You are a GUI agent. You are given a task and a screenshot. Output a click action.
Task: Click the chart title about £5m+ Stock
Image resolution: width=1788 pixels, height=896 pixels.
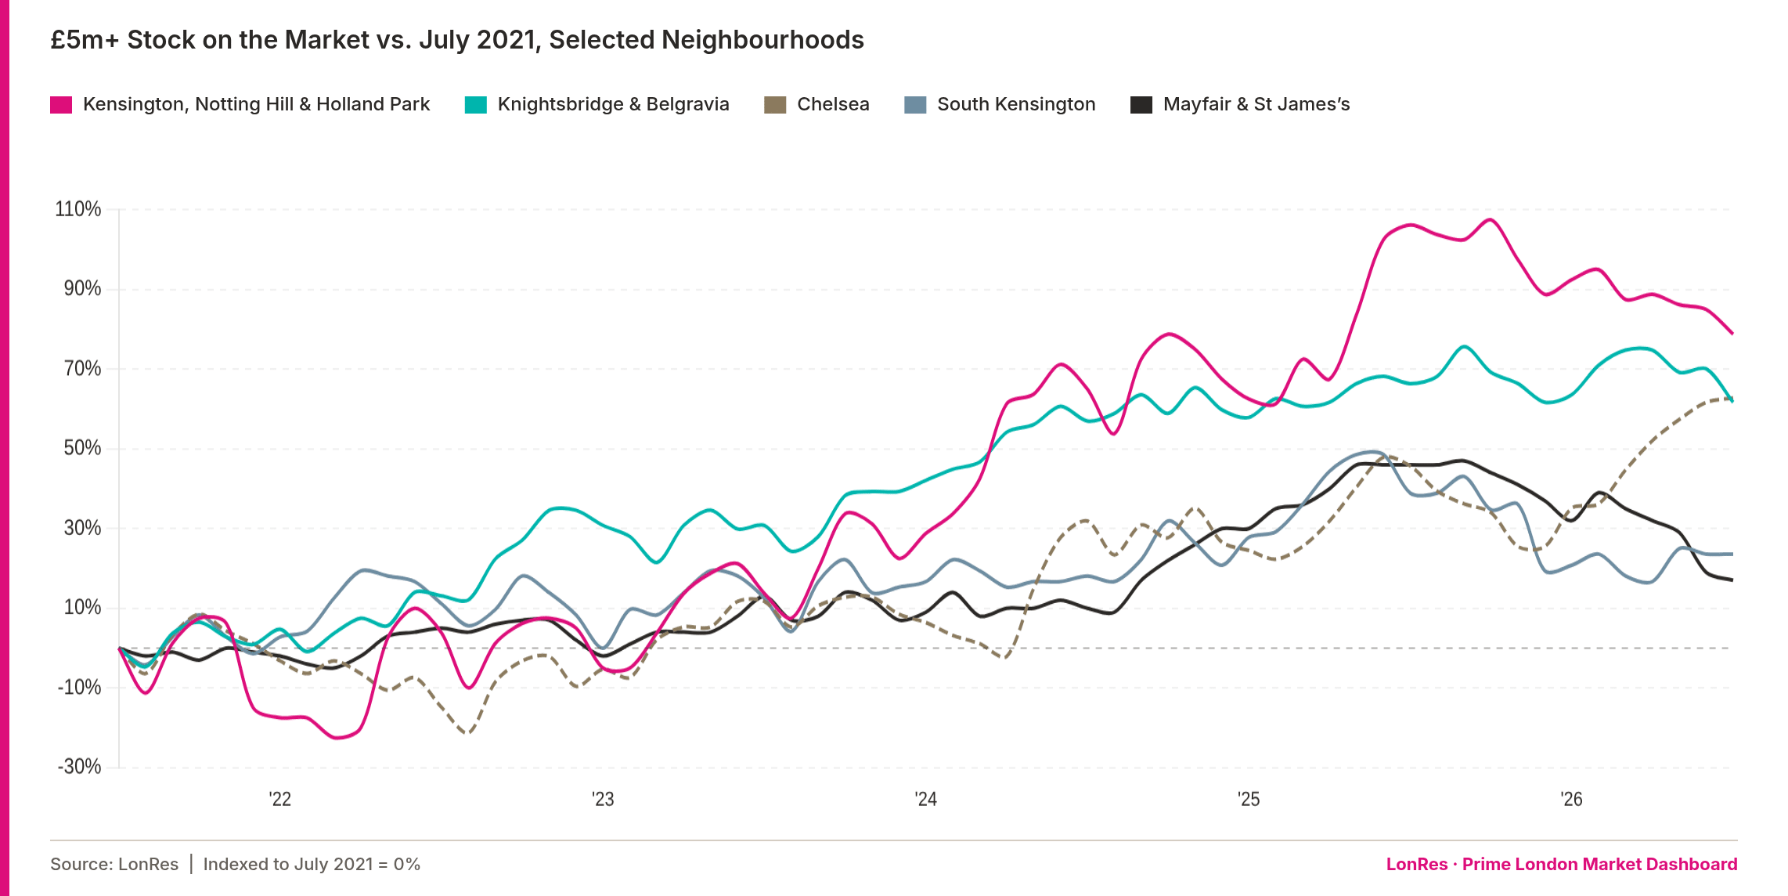457,39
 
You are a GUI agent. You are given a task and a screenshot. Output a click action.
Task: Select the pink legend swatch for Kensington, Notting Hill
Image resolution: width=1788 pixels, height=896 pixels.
61,105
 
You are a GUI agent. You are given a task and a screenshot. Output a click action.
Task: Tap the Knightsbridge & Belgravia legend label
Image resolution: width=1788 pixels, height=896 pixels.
613,104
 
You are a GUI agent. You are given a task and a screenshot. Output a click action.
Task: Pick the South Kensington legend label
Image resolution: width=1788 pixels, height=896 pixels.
1016,104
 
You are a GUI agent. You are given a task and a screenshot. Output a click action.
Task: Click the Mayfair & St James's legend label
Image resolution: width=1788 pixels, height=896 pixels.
1256,104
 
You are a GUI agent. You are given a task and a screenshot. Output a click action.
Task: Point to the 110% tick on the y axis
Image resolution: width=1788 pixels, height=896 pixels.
78,209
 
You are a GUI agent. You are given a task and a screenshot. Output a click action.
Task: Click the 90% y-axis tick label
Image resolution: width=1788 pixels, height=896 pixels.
83,288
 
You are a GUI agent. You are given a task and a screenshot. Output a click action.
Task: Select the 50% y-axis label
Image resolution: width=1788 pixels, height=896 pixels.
83,448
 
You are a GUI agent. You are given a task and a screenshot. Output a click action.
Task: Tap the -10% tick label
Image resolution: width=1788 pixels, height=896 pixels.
80,687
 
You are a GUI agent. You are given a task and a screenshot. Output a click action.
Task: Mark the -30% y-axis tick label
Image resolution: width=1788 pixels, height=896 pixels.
80,766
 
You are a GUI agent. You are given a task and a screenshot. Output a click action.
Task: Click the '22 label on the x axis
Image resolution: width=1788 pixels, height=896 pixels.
280,799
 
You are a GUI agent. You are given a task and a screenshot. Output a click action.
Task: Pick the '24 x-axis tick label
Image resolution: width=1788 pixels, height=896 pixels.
926,799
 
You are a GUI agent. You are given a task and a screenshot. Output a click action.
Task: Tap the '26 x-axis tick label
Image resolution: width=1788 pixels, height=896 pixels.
1572,799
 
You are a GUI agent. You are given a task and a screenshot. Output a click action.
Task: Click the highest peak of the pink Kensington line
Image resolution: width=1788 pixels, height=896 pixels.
1490,219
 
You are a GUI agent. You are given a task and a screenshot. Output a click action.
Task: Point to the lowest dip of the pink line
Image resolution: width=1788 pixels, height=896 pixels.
337,738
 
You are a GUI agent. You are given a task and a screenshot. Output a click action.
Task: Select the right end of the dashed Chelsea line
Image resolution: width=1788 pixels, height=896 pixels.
1732,399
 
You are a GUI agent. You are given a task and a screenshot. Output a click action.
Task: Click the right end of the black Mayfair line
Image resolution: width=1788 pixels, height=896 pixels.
1732,580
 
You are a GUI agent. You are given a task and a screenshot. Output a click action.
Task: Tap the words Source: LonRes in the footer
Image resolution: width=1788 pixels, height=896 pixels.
114,864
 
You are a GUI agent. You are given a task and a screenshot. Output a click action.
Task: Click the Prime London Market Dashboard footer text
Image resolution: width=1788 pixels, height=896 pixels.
1600,864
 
